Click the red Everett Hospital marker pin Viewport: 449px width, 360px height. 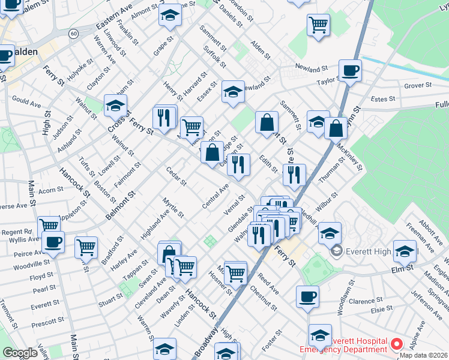(396, 344)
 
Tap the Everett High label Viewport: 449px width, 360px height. (367, 250)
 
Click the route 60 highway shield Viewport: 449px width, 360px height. (73, 34)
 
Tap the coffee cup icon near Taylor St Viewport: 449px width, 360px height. (350, 70)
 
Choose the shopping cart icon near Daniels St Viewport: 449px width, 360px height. (318, 25)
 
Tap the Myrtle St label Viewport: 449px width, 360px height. (173, 207)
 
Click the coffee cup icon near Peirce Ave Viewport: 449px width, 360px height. (53, 242)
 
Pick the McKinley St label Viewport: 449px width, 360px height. (349, 155)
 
